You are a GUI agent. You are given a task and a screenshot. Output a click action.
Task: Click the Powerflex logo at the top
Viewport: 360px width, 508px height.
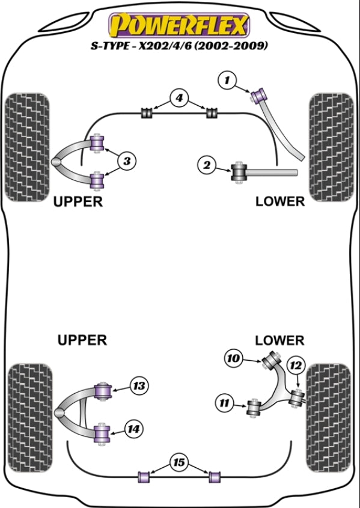180,25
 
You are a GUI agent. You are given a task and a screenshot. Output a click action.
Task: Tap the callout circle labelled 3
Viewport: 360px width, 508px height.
127,161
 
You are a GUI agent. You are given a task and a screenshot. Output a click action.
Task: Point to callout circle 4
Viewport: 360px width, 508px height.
179,99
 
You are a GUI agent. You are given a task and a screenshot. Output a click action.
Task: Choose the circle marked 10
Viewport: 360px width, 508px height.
233,358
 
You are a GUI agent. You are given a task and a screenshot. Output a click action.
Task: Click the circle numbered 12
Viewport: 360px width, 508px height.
296,366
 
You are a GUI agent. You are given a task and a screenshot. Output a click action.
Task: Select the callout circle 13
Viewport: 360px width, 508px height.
139,386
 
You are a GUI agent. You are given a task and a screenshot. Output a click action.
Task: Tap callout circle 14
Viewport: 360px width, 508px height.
134,429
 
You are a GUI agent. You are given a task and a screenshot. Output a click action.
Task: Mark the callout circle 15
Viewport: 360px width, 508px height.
178,463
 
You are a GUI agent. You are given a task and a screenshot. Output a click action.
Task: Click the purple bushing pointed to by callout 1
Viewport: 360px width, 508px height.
258,94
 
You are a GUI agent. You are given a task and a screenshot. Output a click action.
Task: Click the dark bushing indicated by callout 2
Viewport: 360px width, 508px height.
239,173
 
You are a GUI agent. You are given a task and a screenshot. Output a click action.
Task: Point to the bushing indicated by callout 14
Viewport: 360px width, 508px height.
102,433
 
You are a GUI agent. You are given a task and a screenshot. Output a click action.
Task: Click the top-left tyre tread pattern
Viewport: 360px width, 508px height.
28,147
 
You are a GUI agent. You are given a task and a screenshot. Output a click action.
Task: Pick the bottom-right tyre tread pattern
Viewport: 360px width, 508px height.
328,418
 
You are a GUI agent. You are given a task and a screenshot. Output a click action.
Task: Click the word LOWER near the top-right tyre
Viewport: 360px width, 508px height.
280,201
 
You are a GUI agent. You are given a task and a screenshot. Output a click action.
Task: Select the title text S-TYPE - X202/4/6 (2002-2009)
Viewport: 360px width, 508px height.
179,46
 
